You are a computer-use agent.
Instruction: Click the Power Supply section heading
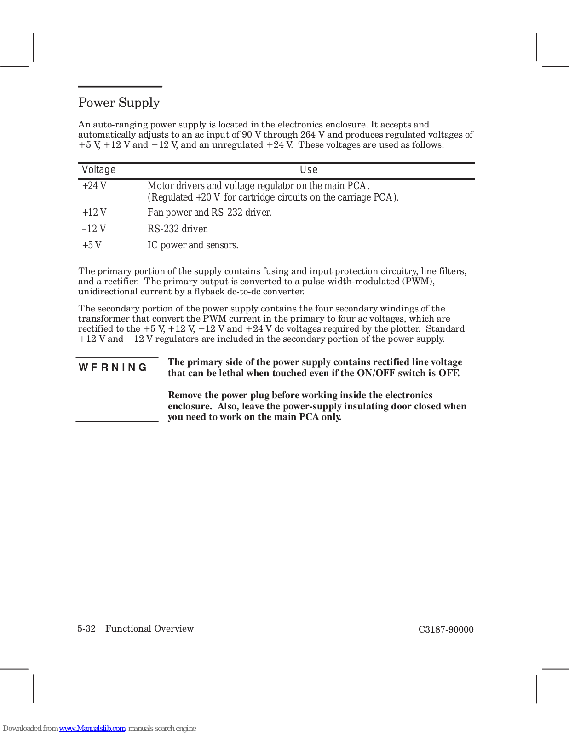[x=119, y=103]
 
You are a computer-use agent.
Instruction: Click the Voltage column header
[x=98, y=170]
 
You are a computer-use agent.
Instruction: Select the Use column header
[x=309, y=170]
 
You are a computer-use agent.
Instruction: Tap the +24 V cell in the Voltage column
[x=94, y=186]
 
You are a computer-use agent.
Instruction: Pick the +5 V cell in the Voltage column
[x=92, y=245]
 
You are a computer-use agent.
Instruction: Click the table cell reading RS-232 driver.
[x=178, y=229]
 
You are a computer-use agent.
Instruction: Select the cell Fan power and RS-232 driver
[x=209, y=213]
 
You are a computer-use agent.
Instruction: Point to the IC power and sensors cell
[x=193, y=245]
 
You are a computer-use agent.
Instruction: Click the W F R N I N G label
[x=113, y=367]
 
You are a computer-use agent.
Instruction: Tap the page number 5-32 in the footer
[x=86, y=629]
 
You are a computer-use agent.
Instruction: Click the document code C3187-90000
[x=446, y=630]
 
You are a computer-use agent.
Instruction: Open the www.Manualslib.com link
[x=92, y=729]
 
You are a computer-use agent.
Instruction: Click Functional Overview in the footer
[x=149, y=629]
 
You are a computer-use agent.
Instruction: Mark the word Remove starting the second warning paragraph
[x=184, y=396]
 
